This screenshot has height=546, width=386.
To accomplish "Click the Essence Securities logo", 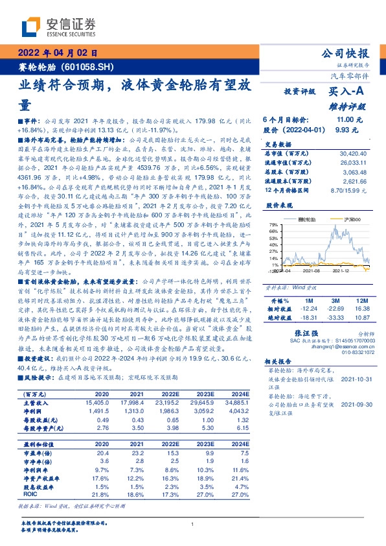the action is coord(58,27).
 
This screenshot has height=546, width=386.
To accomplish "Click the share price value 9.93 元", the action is coord(350,130).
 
